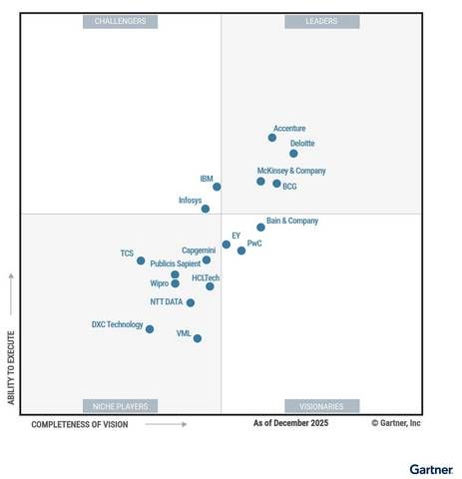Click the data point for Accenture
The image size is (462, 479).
(x=271, y=138)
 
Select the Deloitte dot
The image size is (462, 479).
(x=293, y=154)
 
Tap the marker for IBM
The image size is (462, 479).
(x=217, y=187)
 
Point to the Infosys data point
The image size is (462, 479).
(x=206, y=209)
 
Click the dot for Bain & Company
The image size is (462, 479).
(x=260, y=228)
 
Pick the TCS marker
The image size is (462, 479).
(x=141, y=260)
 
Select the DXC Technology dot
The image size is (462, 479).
(x=150, y=329)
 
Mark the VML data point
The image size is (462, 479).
(x=198, y=338)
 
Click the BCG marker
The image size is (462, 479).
(x=276, y=184)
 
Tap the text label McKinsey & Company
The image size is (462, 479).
(x=291, y=171)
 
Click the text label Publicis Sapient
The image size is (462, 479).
(x=175, y=263)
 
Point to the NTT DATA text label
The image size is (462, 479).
(x=167, y=301)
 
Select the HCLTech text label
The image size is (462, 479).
(x=206, y=277)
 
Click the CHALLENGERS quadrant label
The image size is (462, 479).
(x=120, y=21)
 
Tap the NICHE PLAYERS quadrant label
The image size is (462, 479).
(x=120, y=406)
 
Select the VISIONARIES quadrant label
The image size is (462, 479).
(x=319, y=406)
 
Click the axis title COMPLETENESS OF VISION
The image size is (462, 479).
(x=80, y=424)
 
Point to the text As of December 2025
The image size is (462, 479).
(x=290, y=423)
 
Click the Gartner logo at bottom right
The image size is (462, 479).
(x=430, y=468)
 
